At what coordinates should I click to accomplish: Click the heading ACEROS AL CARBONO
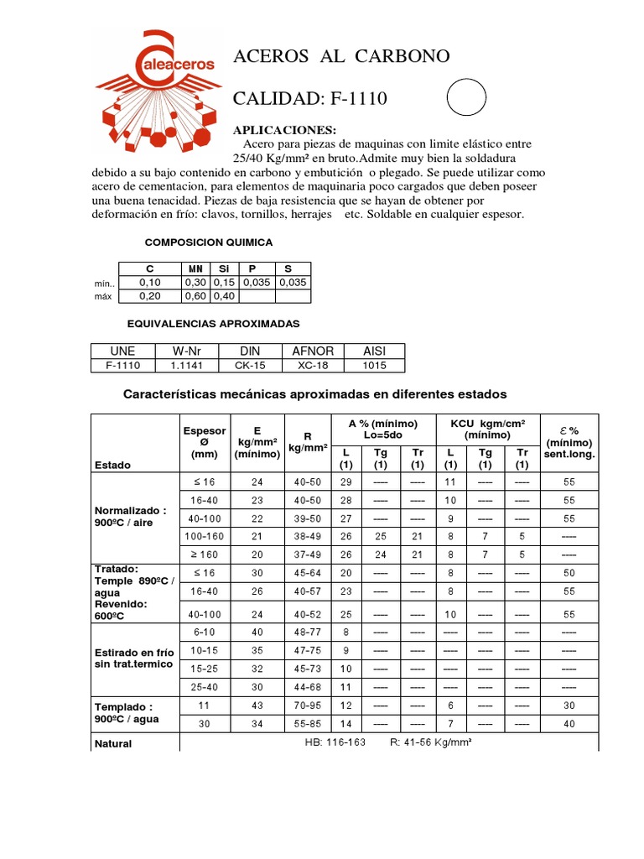[x=341, y=56]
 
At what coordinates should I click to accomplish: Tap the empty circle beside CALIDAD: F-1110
[x=466, y=98]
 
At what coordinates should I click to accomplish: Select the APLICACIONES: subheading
[x=284, y=130]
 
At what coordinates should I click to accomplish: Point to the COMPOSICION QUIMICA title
[x=209, y=242]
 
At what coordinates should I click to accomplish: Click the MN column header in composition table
[x=196, y=268]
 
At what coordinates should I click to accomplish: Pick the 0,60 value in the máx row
[x=196, y=295]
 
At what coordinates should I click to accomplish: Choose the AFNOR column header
[x=313, y=351]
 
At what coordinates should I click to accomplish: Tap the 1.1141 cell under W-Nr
[x=188, y=366]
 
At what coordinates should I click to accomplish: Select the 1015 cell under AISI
[x=374, y=366]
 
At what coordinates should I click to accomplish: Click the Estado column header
[x=112, y=464]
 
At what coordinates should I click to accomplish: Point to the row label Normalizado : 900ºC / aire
[x=131, y=516]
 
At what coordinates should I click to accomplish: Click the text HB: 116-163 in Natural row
[x=336, y=742]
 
